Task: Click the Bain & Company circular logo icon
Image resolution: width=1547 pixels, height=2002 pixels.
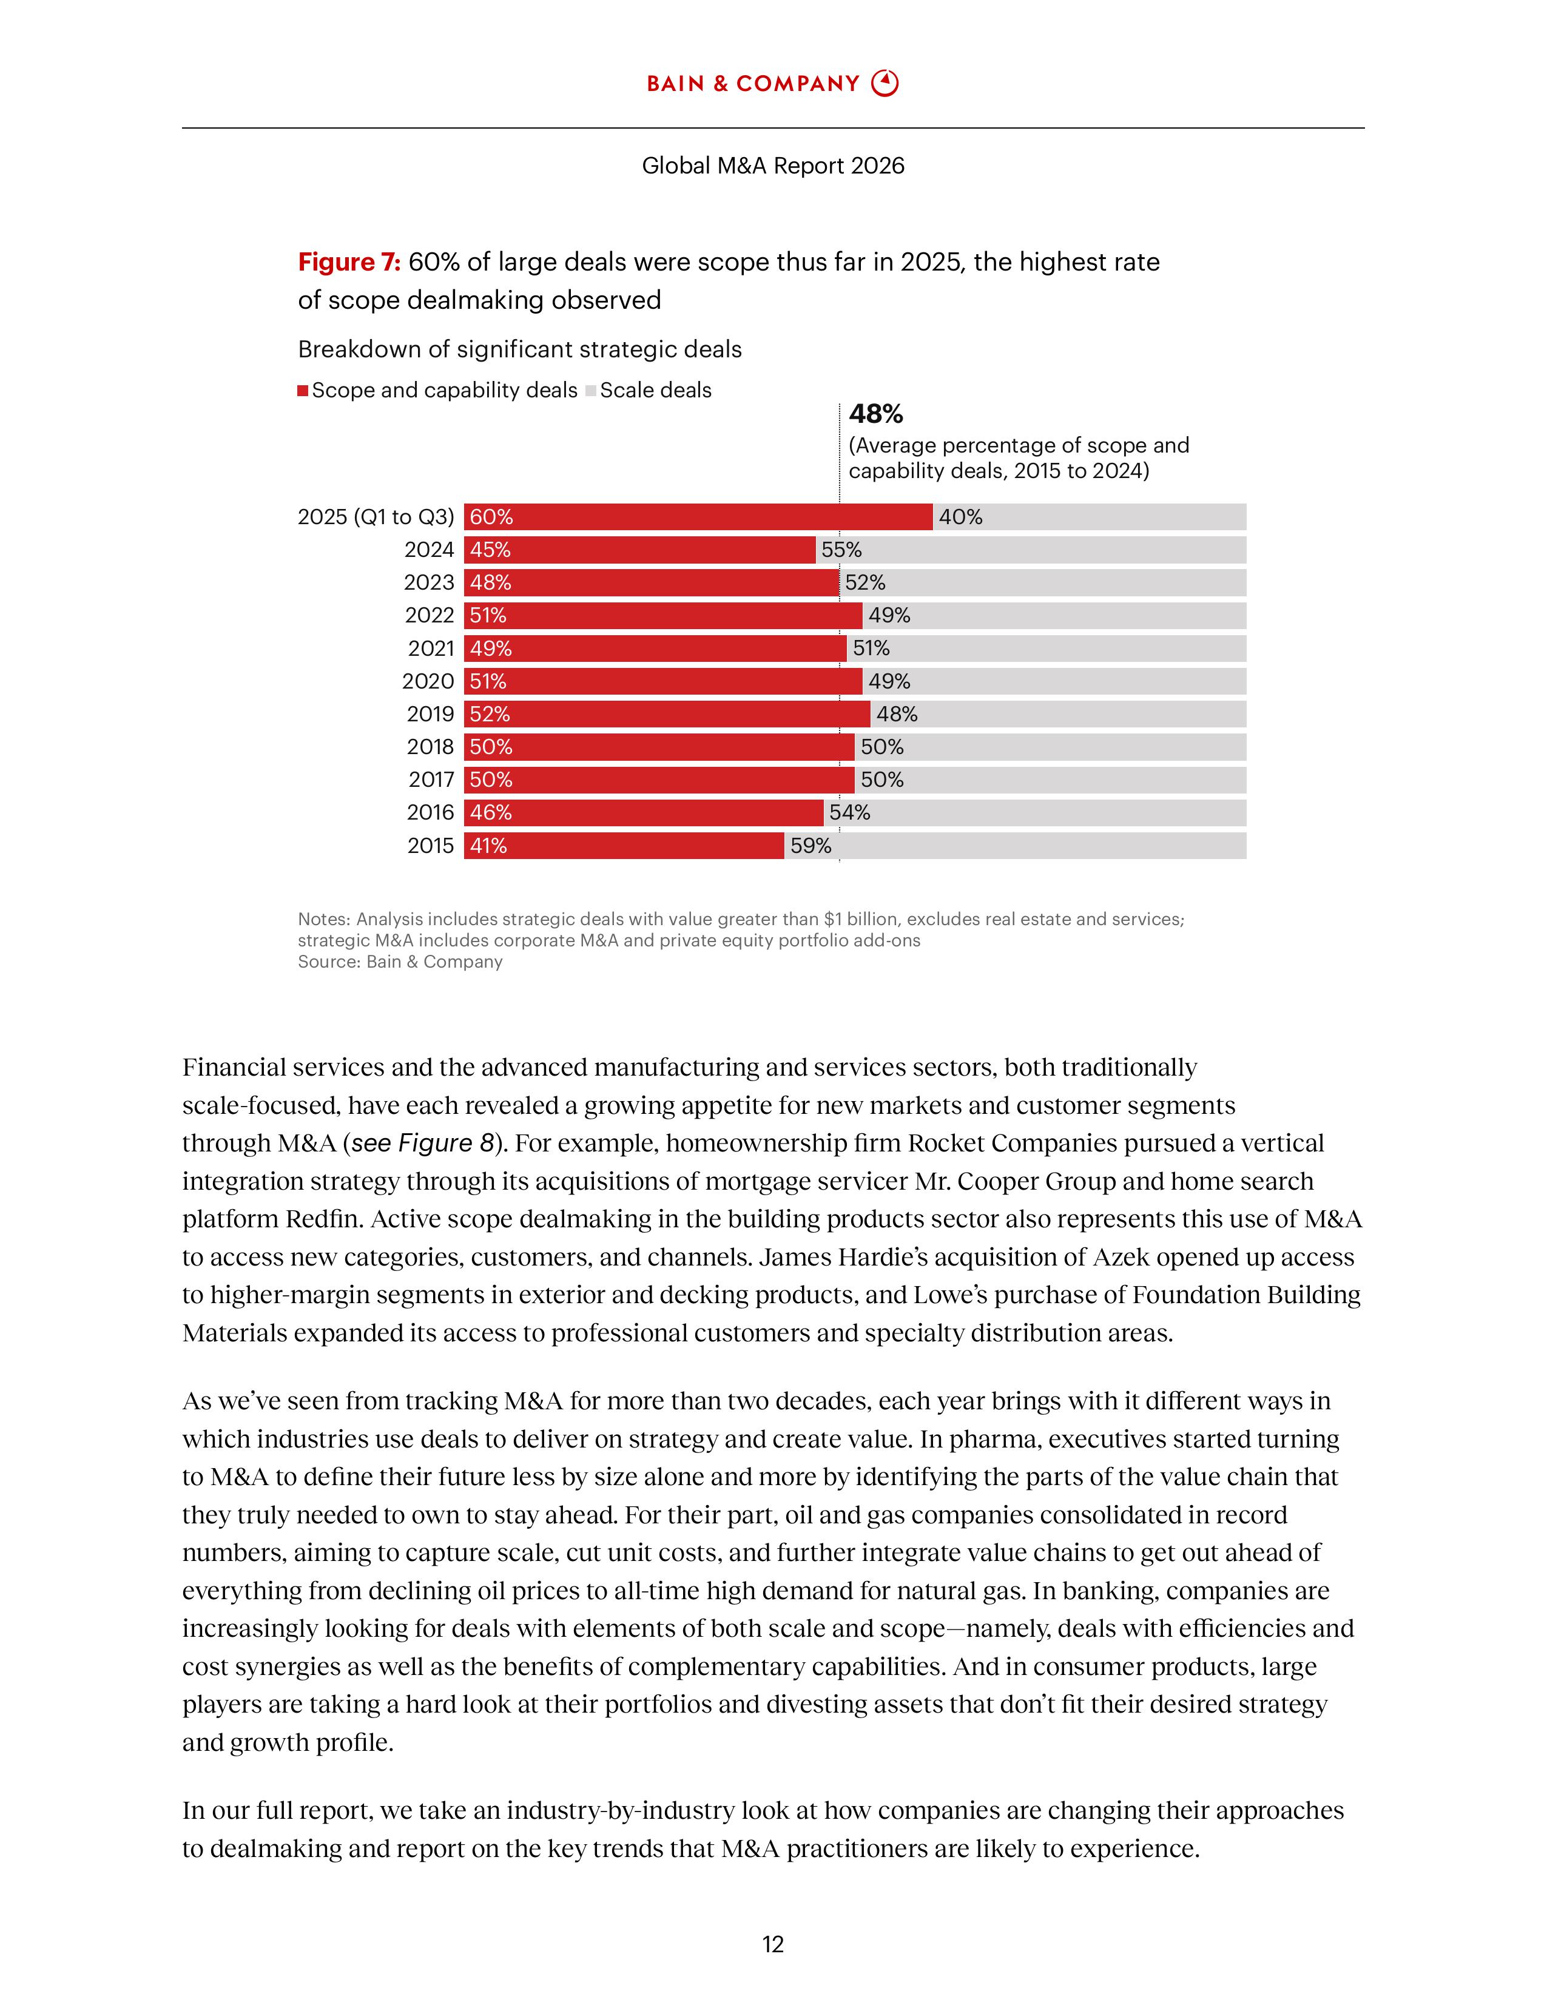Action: coord(885,84)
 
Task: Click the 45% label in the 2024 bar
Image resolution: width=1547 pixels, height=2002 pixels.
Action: coord(490,550)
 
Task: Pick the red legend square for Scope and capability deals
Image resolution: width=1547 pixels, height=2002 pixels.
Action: coord(303,391)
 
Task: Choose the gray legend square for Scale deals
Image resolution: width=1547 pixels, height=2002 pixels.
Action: coord(591,391)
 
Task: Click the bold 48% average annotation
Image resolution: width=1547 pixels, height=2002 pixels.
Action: coord(875,414)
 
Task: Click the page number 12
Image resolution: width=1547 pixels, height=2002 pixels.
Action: coord(772,1944)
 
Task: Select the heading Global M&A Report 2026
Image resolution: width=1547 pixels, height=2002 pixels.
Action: coord(772,166)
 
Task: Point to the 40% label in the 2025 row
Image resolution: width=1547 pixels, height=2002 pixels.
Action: coord(960,517)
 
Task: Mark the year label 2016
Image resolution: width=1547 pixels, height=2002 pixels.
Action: coord(430,813)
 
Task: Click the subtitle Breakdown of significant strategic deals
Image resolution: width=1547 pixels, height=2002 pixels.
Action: coord(520,349)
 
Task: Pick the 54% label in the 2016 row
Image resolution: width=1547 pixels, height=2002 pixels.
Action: coord(849,813)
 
